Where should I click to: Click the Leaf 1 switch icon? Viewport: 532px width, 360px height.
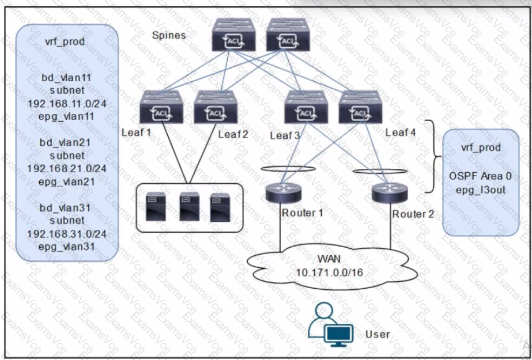(161, 107)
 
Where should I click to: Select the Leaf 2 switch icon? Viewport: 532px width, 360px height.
(216, 107)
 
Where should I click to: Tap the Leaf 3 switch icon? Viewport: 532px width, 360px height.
(306, 107)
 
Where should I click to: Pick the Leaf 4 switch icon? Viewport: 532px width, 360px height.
(360, 107)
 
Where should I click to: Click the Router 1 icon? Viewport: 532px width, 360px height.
(284, 193)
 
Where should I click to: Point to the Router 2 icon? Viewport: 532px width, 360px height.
(390, 193)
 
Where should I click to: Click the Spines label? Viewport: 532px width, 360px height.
(169, 35)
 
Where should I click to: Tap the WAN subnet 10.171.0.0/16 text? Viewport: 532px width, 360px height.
(330, 272)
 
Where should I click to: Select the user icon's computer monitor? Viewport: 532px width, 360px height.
(338, 335)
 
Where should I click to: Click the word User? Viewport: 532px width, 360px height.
(378, 334)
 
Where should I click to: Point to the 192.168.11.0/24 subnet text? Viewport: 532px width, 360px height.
(67, 103)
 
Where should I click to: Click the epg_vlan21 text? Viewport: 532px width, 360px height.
(66, 182)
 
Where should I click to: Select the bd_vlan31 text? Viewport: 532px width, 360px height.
(66, 207)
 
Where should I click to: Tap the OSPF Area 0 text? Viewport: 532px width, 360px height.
(481, 176)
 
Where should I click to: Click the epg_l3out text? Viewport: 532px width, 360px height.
(481, 190)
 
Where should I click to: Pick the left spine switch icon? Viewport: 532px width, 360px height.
(234, 35)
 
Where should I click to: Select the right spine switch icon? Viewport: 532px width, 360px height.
(288, 35)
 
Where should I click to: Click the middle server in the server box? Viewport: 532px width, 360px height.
(189, 207)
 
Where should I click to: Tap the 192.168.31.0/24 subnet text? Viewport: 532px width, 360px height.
(67, 234)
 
